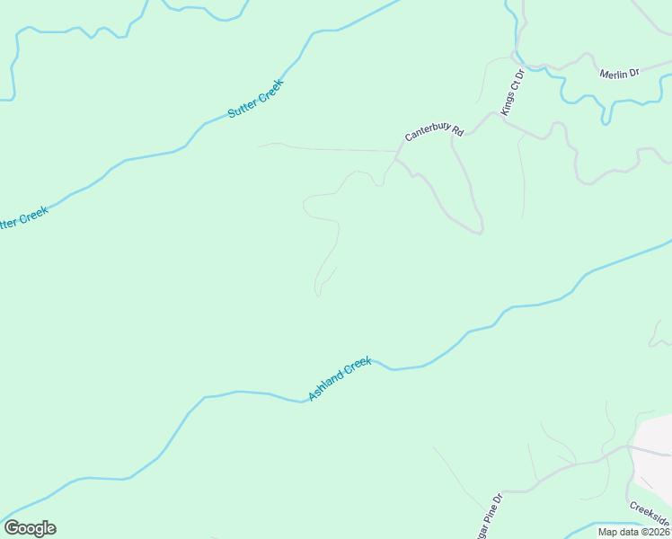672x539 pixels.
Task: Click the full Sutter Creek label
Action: tap(256, 100)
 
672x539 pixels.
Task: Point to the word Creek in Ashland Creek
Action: tap(358, 367)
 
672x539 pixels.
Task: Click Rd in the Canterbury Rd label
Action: tap(457, 132)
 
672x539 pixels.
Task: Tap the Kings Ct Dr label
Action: tap(512, 92)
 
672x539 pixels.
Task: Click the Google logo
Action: tap(30, 528)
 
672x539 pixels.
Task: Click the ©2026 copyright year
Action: tap(655, 531)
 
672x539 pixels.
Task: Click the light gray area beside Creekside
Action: tap(654, 467)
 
